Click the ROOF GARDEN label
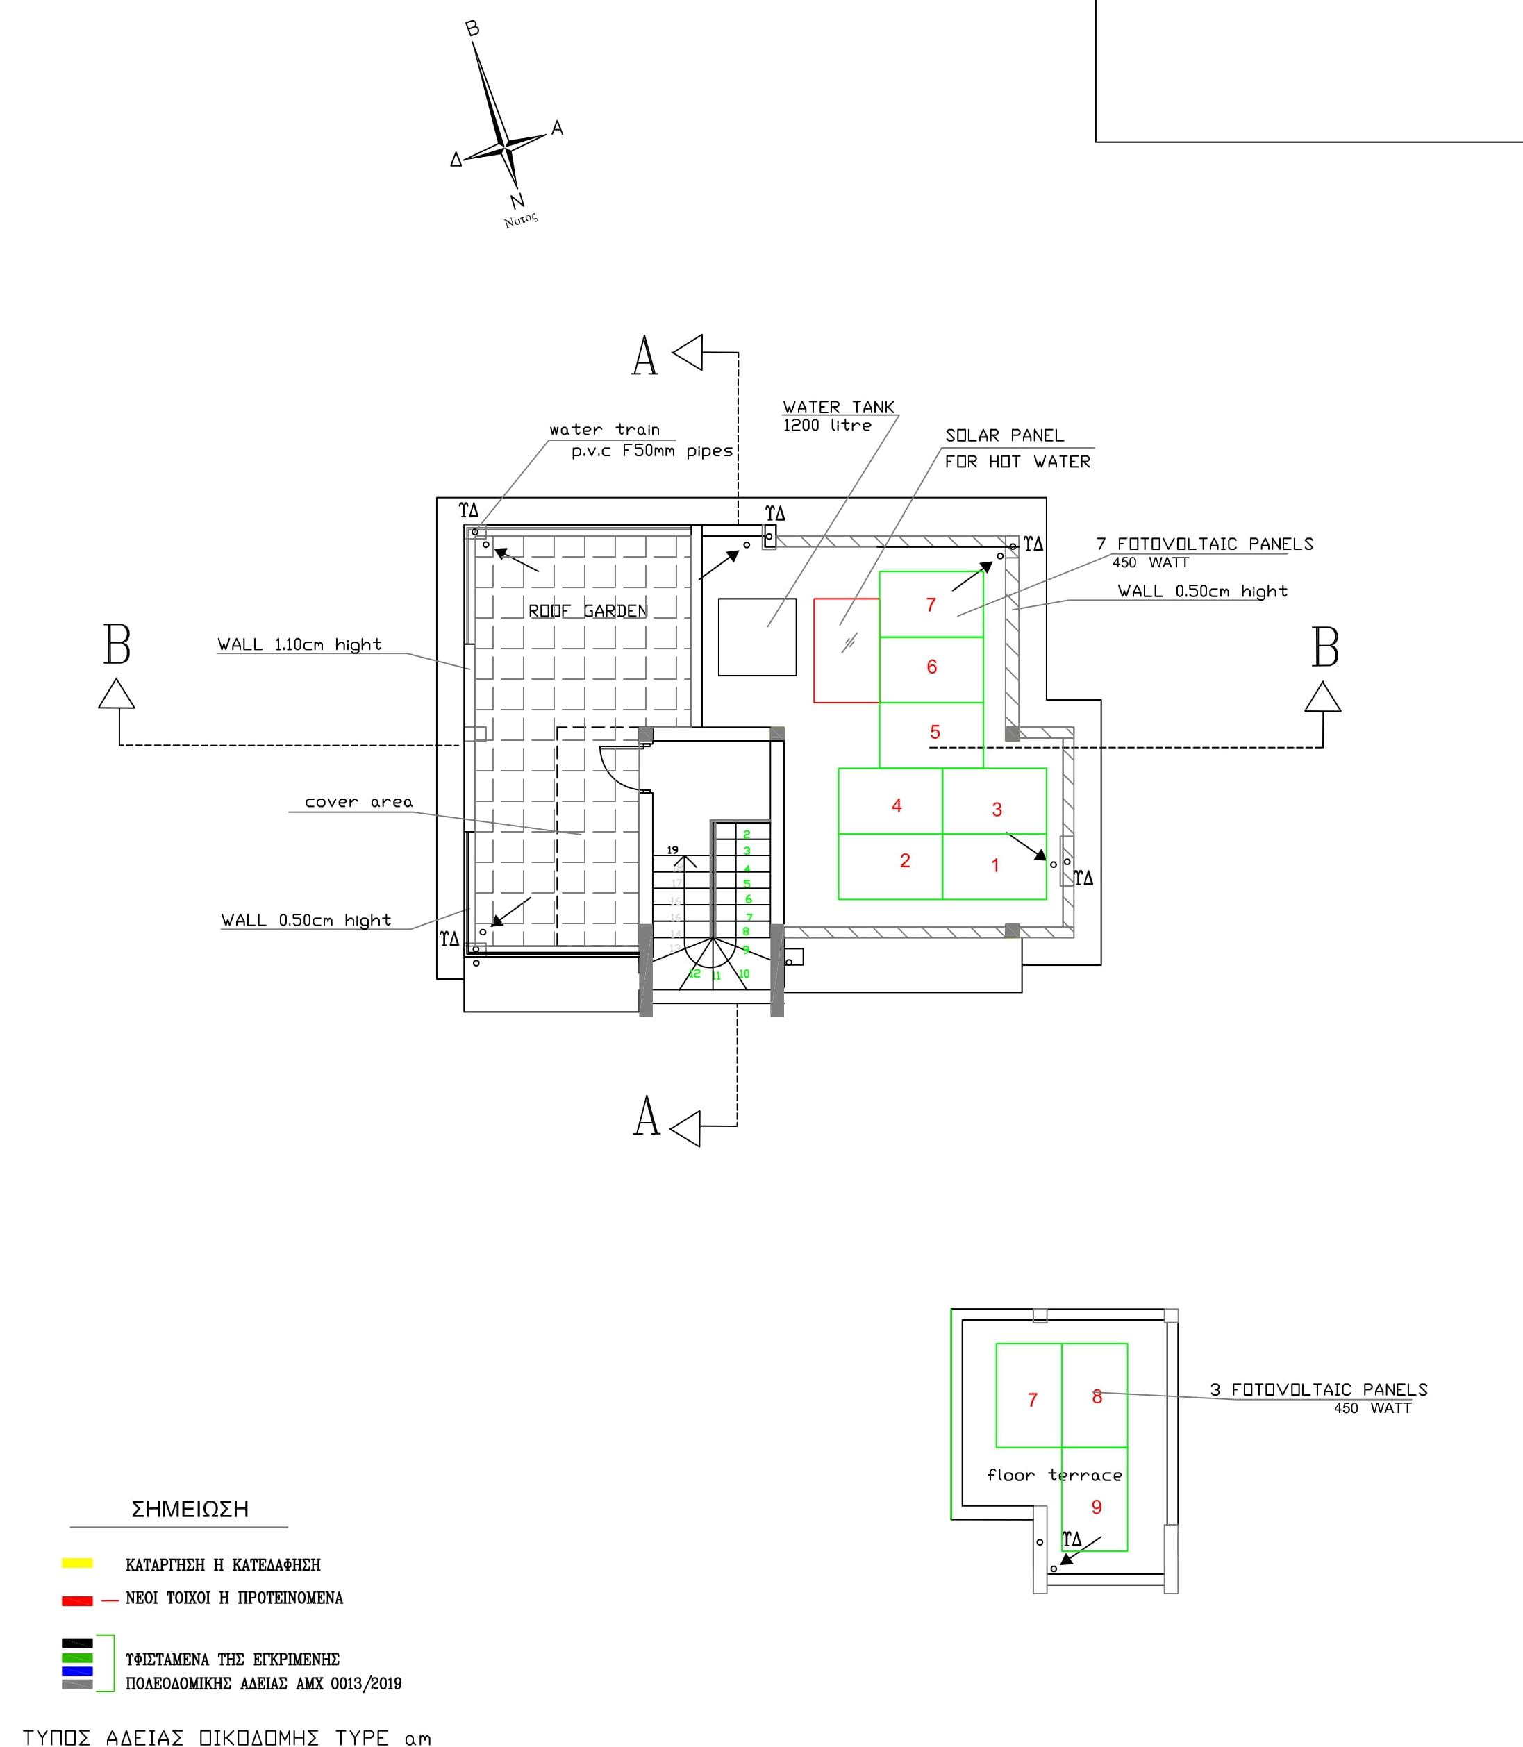pos(588,611)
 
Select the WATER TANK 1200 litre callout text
pos(838,415)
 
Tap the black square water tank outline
pos(756,637)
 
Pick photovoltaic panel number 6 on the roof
pos(931,668)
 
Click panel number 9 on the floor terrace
pos(1095,1507)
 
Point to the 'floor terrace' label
pos(1054,1475)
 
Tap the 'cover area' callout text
pos(358,802)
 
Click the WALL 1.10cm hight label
pos(299,645)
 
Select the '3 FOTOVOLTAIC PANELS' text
pos(1318,1390)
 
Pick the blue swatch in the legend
pos(77,1671)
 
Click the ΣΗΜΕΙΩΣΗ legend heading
pos(190,1509)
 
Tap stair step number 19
pos(672,850)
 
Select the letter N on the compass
pos(517,201)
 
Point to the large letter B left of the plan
pos(117,646)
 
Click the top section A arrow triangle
pos(688,352)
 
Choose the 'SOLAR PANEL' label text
pos(1004,436)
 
